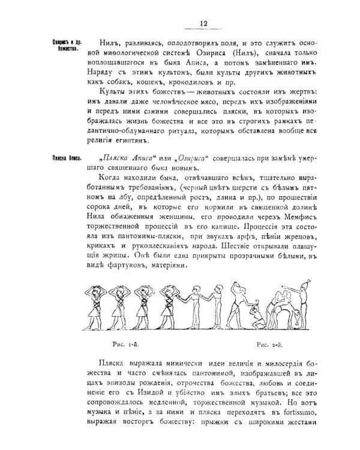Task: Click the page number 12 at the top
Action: (203, 23)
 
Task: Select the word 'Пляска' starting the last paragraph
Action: (112, 364)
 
